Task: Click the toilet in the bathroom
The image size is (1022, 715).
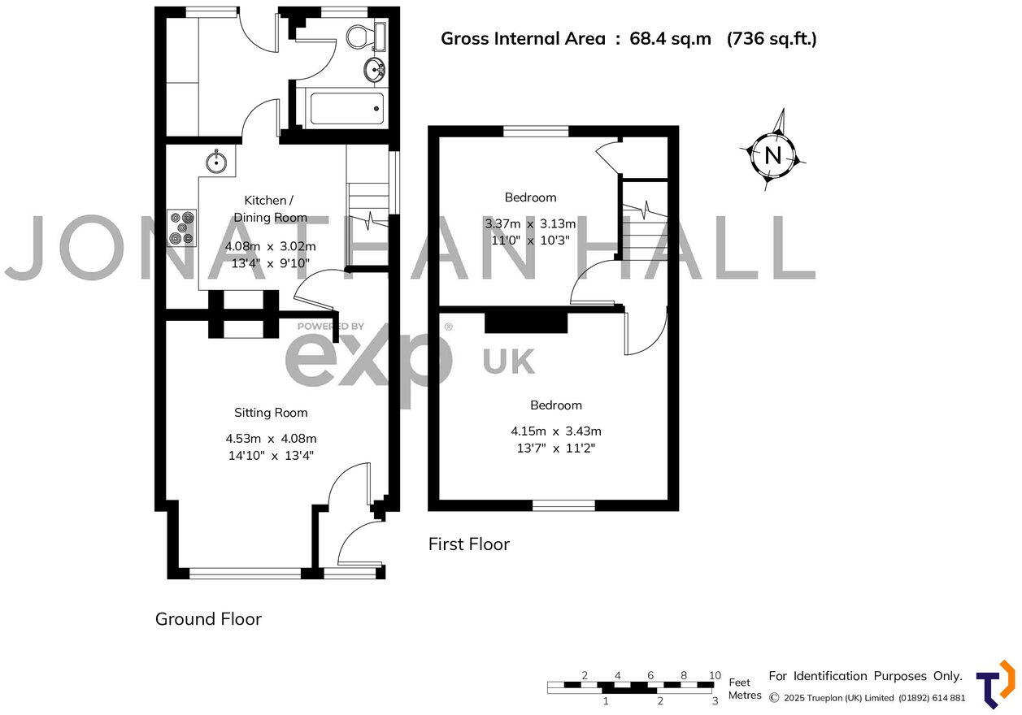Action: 360,36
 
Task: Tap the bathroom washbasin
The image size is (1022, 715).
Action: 375,69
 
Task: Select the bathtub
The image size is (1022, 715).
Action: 346,108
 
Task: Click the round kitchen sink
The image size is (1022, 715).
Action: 216,161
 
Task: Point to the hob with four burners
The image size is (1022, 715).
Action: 182,227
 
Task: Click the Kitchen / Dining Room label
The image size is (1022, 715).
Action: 270,209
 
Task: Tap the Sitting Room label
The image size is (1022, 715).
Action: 271,413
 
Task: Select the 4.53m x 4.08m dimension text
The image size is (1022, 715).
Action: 271,439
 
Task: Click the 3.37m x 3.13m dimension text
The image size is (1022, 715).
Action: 530,224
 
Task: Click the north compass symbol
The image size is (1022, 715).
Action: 772,154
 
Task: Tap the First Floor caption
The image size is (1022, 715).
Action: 468,544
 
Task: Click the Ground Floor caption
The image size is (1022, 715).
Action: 208,619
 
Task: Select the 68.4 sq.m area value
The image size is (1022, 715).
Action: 670,38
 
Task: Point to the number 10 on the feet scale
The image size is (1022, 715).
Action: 715,675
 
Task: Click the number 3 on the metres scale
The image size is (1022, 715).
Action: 715,700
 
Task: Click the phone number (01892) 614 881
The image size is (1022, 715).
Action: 932,698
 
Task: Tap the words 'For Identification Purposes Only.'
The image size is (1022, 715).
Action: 865,676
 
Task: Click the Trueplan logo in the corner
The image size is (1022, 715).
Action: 994,683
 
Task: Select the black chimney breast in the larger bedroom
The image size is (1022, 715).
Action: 525,322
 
